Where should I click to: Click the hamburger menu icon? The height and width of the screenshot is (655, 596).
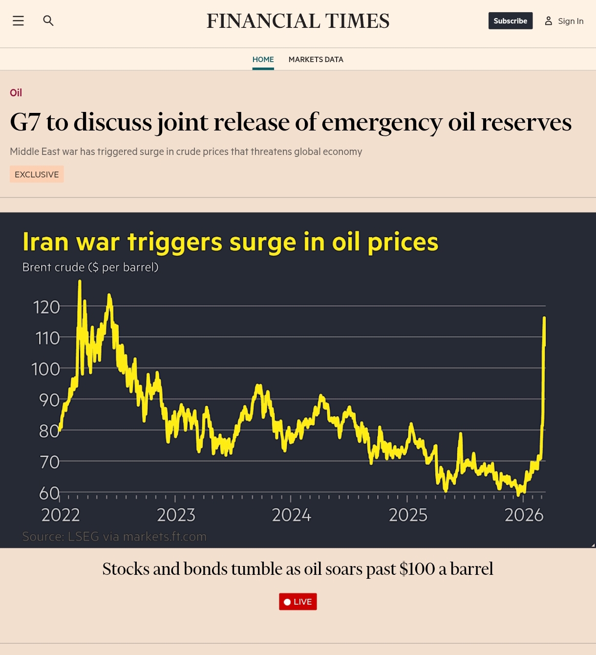pos(18,21)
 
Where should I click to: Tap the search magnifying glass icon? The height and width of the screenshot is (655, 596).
pos(48,21)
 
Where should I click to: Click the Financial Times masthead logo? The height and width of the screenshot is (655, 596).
pos(298,21)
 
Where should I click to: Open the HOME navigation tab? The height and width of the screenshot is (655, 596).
pos(263,60)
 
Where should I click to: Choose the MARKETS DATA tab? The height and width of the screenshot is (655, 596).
pos(316,60)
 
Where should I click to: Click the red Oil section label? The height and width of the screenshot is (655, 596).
pos(16,93)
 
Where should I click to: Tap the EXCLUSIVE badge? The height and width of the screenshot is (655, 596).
pos(37,175)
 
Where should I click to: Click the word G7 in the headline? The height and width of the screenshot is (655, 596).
pos(25,122)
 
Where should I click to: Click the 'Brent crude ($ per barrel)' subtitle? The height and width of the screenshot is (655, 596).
pos(90,267)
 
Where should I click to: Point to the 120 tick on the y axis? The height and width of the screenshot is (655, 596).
pos(46,307)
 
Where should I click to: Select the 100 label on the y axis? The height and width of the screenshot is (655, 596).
pos(45,369)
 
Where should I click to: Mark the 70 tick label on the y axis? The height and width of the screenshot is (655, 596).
pos(49,462)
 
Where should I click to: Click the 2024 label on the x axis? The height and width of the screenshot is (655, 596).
pos(291,515)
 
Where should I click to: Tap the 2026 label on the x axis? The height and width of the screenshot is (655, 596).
pos(524,515)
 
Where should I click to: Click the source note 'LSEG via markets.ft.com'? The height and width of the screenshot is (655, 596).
pos(137,537)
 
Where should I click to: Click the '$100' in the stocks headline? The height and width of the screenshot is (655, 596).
pos(417,569)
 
